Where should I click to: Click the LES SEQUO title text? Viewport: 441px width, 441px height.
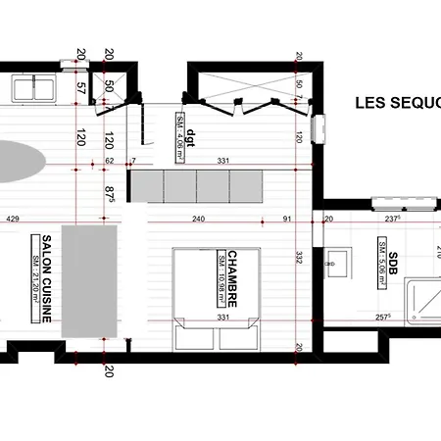pos(396,102)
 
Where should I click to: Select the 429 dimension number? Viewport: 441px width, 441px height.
pos(13,220)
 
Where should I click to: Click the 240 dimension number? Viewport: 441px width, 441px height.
pos(198,220)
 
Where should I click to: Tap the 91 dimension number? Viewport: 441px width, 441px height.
pos(286,220)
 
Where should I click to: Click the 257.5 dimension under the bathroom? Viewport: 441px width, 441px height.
pos(382,318)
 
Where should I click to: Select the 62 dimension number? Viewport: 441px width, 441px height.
pos(110,160)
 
